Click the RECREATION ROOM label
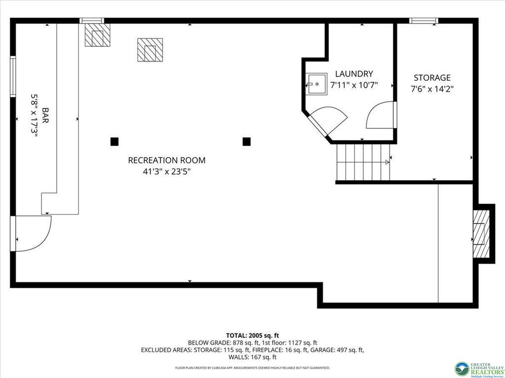pyautogui.click(x=167, y=160)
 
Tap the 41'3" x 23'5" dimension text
pyautogui.click(x=167, y=172)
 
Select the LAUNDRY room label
pyautogui.click(x=354, y=74)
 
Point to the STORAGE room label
pyautogui.click(x=432, y=78)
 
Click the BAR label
pyautogui.click(x=45, y=115)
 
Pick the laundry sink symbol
pyautogui.click(x=316, y=84)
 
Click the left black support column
pyautogui.click(x=114, y=141)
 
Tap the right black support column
pyautogui.click(x=247, y=141)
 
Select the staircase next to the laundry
pyautogui.click(x=363, y=162)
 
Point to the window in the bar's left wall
pyautogui.click(x=13, y=76)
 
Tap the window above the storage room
pyautogui.click(x=424, y=21)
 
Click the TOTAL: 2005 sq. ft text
pyautogui.click(x=252, y=336)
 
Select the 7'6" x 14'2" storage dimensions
pyautogui.click(x=432, y=89)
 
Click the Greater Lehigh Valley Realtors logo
pyautogui.click(x=479, y=369)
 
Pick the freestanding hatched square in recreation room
pyautogui.click(x=150, y=50)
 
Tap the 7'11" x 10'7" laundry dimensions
pyautogui.click(x=354, y=85)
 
